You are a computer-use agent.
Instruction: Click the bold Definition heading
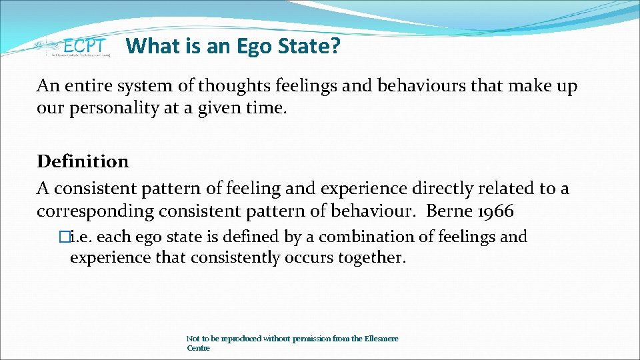83,161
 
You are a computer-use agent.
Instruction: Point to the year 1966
495,212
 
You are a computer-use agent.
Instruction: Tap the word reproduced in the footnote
241,339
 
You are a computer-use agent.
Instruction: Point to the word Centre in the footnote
198,348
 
